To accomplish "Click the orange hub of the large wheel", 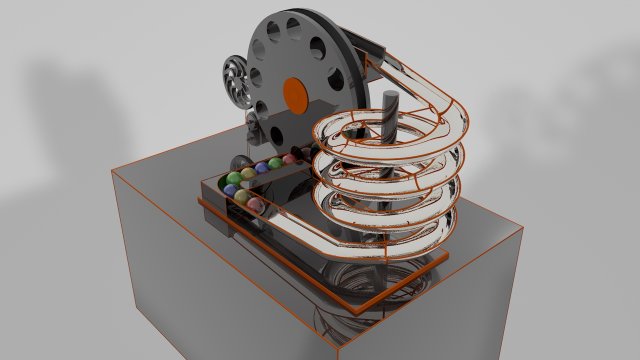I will coord(295,93).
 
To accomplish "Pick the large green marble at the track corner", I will coord(234,179).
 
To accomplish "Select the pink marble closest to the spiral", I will coord(290,160).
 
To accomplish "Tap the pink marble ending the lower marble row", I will coord(257,206).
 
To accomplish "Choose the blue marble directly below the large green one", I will coord(230,190).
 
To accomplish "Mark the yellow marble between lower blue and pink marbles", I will coord(244,199).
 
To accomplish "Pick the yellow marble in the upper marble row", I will coord(276,163).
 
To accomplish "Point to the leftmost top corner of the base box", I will coord(113,171).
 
